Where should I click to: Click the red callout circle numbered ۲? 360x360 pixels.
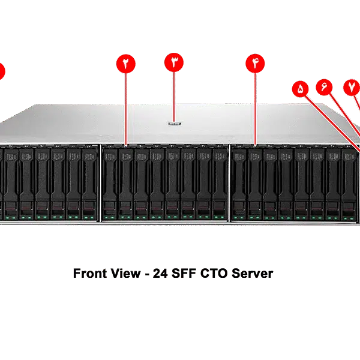point(126,63)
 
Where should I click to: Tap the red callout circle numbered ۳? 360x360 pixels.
point(173,62)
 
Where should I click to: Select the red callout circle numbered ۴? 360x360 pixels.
point(255,63)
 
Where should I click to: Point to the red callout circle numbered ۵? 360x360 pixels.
point(301,89)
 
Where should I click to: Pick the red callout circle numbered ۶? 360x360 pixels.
point(325,86)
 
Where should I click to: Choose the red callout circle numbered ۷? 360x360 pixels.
point(351,86)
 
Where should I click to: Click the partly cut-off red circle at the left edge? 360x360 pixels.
point(2,71)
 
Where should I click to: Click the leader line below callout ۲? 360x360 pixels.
point(126,108)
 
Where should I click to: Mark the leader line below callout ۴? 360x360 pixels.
point(255,108)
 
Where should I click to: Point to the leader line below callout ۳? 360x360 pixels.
point(173,96)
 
